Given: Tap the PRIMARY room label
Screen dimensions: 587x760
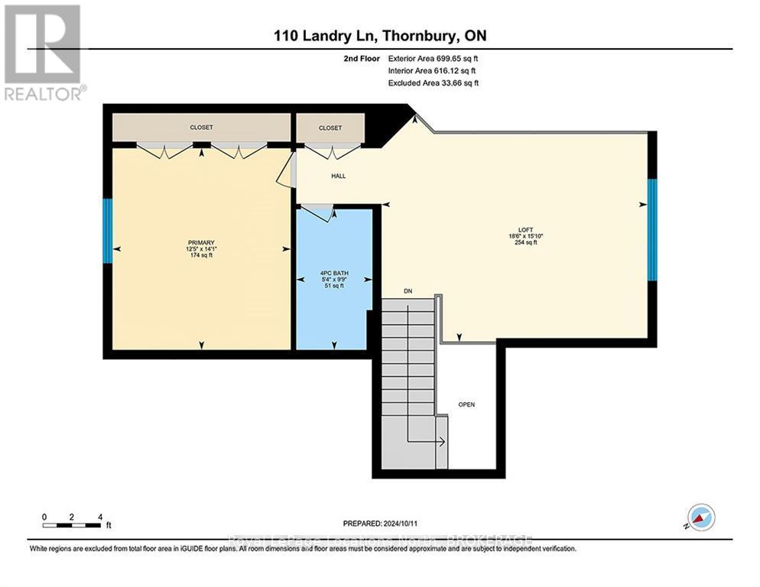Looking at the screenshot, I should [x=202, y=242].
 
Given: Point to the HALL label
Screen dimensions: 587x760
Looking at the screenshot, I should [x=338, y=176].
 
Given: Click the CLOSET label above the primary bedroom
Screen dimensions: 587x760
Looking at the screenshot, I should [x=202, y=128].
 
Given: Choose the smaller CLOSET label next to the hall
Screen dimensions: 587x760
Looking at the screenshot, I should [x=330, y=128].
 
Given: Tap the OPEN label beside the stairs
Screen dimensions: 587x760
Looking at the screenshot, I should [x=466, y=404].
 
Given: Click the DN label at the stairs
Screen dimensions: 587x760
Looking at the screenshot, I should [x=409, y=290].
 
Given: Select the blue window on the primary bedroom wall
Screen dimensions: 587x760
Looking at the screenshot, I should [x=108, y=232].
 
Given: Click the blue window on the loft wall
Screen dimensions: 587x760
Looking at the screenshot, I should [x=652, y=229].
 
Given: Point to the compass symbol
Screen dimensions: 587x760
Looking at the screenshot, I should [x=700, y=517].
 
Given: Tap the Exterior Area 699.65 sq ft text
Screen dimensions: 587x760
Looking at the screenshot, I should [x=434, y=58].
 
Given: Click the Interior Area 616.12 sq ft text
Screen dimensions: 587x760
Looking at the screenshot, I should [x=433, y=70].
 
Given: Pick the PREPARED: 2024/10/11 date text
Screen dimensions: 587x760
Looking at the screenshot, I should [x=380, y=523].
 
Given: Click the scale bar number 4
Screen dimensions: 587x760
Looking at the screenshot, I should [x=99, y=517].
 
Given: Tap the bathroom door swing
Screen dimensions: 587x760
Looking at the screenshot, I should [x=319, y=212].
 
